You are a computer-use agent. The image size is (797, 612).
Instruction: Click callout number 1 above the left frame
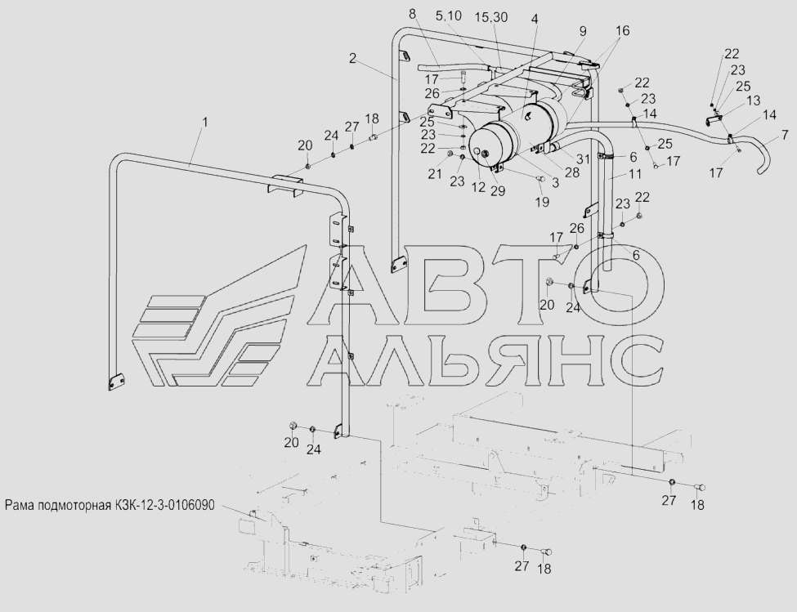tap(205, 123)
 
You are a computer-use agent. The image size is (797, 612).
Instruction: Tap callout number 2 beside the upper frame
tap(353, 58)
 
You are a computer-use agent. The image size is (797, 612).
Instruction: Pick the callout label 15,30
tap(492, 17)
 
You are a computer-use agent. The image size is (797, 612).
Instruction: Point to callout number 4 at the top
tap(534, 20)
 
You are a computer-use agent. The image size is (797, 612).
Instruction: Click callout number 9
tap(583, 31)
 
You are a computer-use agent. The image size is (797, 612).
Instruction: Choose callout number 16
tap(623, 30)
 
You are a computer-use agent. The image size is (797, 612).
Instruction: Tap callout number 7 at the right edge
tap(785, 135)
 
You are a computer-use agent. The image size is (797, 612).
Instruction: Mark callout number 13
tap(754, 101)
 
